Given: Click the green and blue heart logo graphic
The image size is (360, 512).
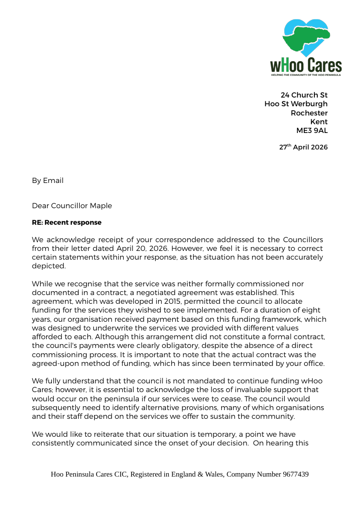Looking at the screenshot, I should click(306, 37).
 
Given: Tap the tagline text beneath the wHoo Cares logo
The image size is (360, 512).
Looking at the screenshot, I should click(306, 75).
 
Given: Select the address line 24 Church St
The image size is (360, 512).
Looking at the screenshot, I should click(304, 95).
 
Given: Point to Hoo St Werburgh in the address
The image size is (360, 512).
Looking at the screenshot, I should click(296, 104).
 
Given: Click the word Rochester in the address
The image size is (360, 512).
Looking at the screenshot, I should click(309, 113).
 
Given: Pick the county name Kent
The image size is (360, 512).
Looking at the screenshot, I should click(319, 121).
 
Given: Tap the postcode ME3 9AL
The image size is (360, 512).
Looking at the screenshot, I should click(311, 130).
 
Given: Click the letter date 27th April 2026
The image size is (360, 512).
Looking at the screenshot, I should click(303, 147).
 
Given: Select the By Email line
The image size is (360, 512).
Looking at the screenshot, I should click(48, 181).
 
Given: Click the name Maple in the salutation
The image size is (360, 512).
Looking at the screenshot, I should click(101, 206).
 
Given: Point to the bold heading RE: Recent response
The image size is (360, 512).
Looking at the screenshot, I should click(66, 222).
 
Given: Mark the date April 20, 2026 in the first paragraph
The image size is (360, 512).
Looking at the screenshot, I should click(137, 248).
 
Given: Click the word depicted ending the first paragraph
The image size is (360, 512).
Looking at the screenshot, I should click(48, 266).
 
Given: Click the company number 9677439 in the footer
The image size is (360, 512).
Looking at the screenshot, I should click(295, 474).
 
